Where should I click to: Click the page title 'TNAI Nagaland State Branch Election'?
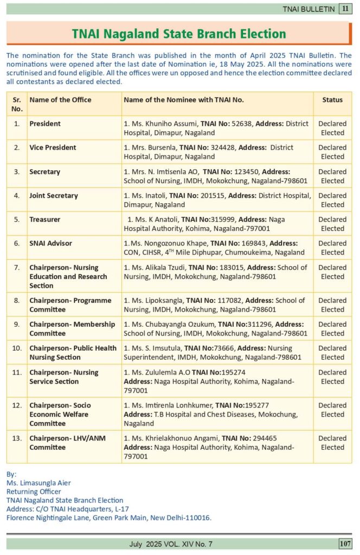coord(179,34)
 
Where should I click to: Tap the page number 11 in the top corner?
coord(345,9)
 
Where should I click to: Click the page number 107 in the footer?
coord(345,544)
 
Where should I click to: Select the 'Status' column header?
coord(332,100)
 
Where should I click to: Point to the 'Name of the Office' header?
coord(60,100)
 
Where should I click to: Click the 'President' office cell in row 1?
coord(45,124)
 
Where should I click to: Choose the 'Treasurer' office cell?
coord(45,220)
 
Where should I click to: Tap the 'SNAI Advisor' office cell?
coord(50,243)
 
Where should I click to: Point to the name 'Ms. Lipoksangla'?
coord(157,300)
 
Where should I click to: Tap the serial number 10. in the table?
coord(17,349)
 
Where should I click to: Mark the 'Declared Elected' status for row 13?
coord(332,443)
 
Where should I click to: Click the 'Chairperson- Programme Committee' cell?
coord(70,305)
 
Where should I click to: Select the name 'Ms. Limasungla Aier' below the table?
coord(38,483)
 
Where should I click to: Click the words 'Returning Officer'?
coord(34,492)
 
